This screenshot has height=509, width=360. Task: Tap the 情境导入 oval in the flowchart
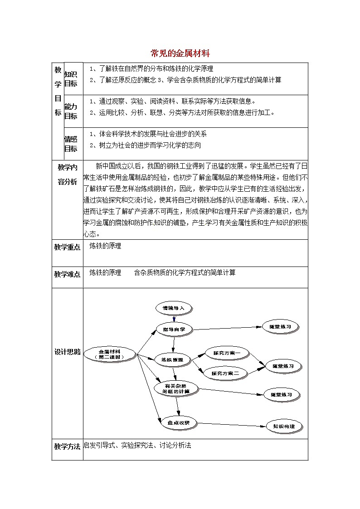pyautogui.click(x=174, y=308)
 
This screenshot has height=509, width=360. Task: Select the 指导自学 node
pyautogui.click(x=174, y=330)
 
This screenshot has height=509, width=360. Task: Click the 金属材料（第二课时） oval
pyautogui.click(x=110, y=354)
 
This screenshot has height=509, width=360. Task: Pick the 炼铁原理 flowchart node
pyautogui.click(x=172, y=360)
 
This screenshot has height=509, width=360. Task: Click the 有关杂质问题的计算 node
pyautogui.click(x=177, y=388)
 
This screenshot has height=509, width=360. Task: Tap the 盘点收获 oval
pyautogui.click(x=178, y=422)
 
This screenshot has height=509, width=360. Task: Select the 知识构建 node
pyautogui.click(x=283, y=427)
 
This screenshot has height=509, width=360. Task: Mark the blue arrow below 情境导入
pyautogui.click(x=174, y=319)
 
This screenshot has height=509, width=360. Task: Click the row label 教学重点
pyautogui.click(x=67, y=247)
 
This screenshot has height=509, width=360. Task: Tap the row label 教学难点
pyautogui.click(x=67, y=274)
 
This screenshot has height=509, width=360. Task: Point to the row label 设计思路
pyautogui.click(x=67, y=352)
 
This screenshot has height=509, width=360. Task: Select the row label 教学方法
pyautogui.click(x=67, y=446)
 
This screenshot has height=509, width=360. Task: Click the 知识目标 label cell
pyautogui.click(x=70, y=79)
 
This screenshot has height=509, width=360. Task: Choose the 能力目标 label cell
pyautogui.click(x=70, y=111)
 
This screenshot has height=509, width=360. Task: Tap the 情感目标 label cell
pyautogui.click(x=70, y=144)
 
